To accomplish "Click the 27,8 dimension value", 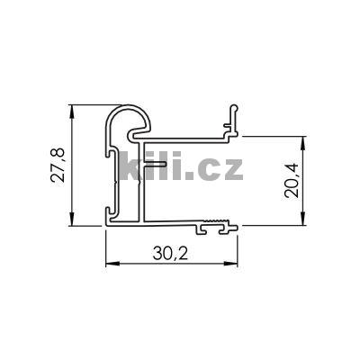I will coord(57,165).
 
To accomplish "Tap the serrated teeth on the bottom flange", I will coord(215,220).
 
